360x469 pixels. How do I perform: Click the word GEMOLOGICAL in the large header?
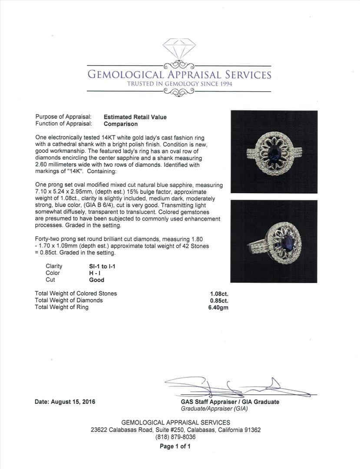point(126,74)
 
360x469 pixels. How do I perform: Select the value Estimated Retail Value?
point(135,117)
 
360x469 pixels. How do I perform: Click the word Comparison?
point(121,124)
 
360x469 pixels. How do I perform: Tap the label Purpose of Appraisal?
point(63,117)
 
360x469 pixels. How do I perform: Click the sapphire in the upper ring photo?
point(274,153)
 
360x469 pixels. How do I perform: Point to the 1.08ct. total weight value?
point(218,294)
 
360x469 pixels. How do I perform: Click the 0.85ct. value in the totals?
point(218,301)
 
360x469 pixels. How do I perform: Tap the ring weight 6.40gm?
point(218,307)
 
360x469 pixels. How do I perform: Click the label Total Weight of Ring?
point(62,307)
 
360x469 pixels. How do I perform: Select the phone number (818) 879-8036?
point(175,437)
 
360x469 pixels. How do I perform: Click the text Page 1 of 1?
point(175,446)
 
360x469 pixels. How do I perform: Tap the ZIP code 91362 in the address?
point(252,430)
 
